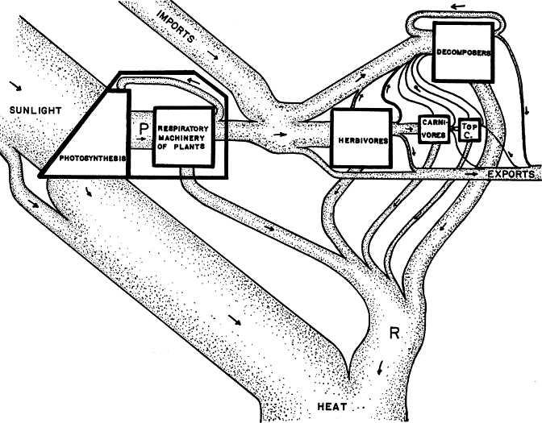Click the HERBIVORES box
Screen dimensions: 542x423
pos(360,139)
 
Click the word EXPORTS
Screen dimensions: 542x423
pos(514,174)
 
